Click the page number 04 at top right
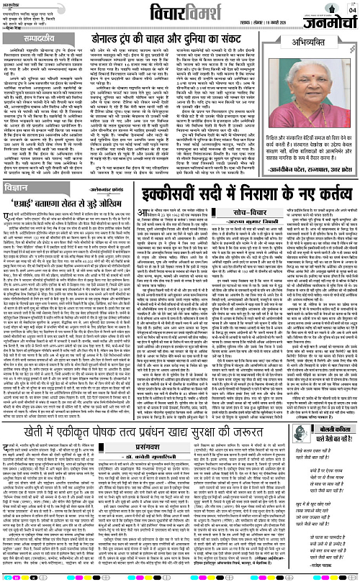[351, 8]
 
